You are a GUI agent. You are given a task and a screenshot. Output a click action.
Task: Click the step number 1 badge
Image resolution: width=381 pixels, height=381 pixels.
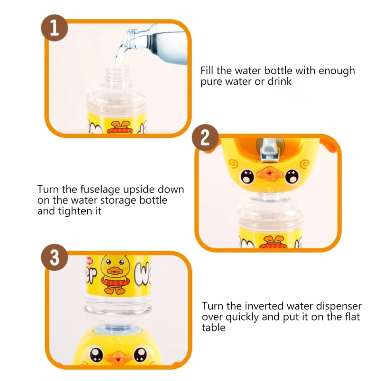pyautogui.click(x=54, y=28)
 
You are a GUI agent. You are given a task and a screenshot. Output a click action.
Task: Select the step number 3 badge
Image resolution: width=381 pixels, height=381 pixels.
pyautogui.click(x=54, y=258)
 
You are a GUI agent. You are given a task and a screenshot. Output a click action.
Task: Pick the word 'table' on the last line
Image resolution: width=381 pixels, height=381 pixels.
pyautogui.click(x=213, y=328)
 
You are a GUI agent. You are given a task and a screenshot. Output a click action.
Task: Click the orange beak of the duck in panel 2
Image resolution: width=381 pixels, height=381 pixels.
pyautogui.click(x=267, y=174)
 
